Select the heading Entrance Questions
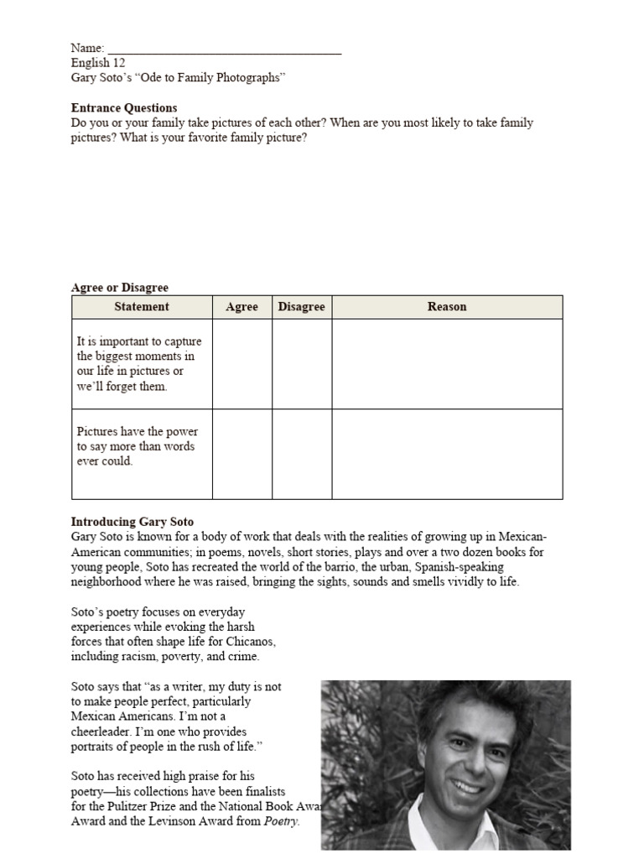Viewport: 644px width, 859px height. tap(124, 107)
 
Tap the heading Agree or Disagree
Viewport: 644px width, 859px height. tap(119, 288)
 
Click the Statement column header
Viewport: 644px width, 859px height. tap(142, 307)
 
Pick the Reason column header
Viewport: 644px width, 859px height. tap(447, 307)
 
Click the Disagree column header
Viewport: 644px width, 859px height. tap(302, 307)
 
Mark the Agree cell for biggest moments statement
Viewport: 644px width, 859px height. tap(242, 364)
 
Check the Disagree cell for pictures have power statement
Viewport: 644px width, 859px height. tap(302, 454)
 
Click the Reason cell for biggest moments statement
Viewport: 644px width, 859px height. tap(447, 364)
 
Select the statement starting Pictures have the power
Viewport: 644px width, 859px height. tap(138, 446)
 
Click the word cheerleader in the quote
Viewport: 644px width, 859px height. tap(106, 731)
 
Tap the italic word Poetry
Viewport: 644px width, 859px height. tap(281, 821)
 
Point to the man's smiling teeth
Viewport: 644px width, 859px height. tap(468, 786)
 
